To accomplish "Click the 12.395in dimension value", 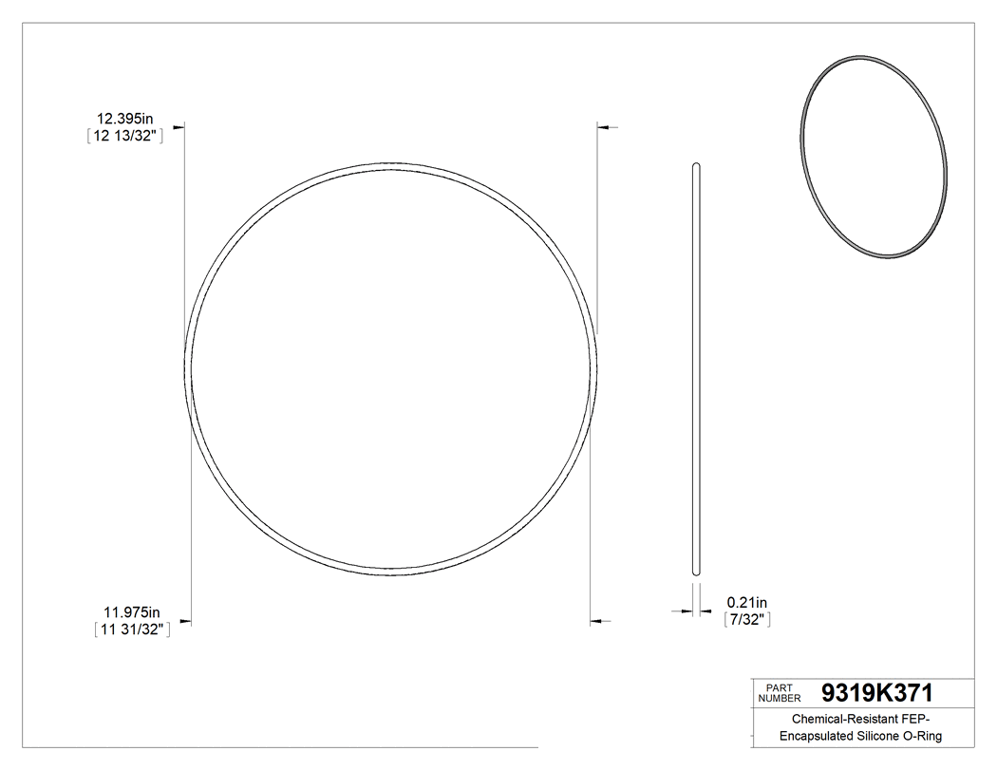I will click(124, 119).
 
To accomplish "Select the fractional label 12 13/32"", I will click(125, 136).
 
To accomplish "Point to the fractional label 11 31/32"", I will click(132, 628).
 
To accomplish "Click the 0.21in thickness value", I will click(746, 602).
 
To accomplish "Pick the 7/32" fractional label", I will click(746, 619).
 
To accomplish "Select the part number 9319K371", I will click(877, 692).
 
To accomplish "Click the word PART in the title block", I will click(779, 686).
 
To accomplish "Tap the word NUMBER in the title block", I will click(781, 698).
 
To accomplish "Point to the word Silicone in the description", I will click(883, 737).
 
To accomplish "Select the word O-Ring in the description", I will click(926, 737).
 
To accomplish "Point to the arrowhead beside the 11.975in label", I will click(186, 623).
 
